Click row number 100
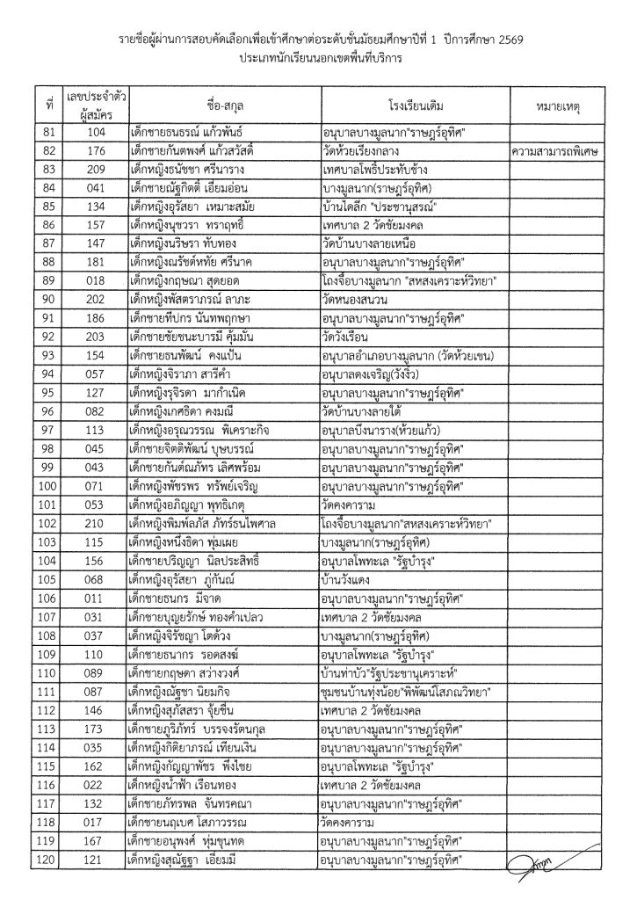pos(49,483)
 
